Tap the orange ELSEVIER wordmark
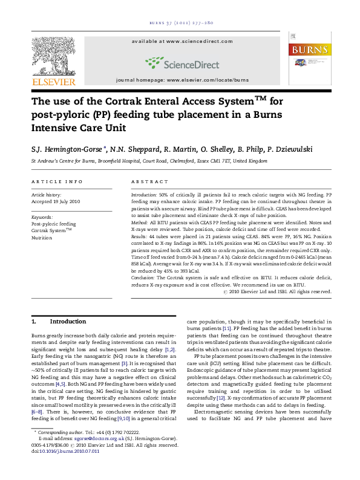click(53, 82)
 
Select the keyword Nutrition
click(42, 238)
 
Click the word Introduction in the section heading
click(68, 322)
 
